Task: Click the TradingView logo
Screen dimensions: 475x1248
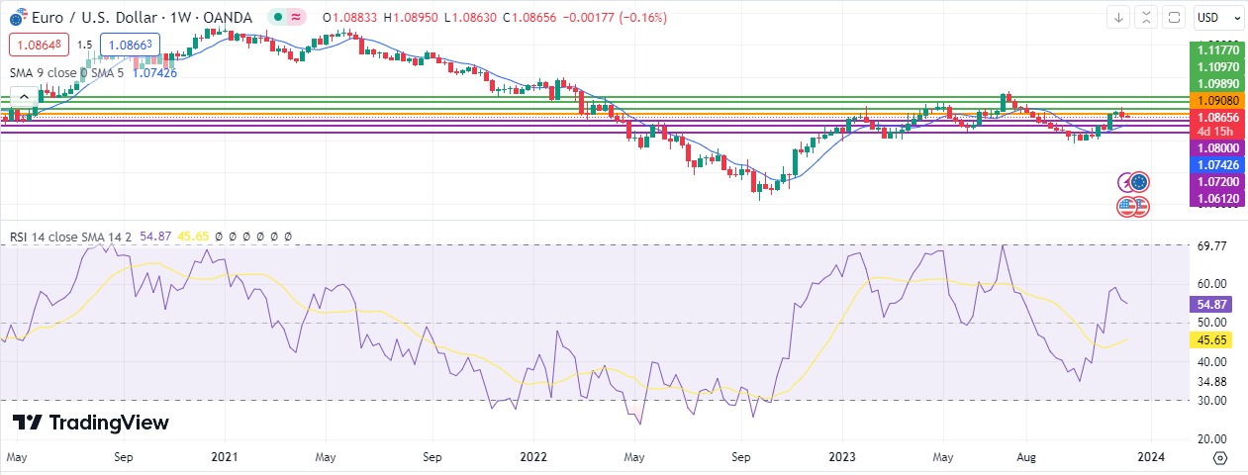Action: click(91, 423)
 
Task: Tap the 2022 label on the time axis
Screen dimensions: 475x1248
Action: click(533, 457)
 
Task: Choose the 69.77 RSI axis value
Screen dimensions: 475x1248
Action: click(1211, 245)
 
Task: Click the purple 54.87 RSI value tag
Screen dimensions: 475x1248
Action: click(1211, 305)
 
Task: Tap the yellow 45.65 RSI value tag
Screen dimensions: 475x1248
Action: click(1211, 340)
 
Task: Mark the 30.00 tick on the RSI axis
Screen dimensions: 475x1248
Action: click(1211, 400)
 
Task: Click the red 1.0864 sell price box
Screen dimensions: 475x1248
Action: click(37, 45)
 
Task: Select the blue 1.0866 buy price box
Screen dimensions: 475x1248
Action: click(130, 45)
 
